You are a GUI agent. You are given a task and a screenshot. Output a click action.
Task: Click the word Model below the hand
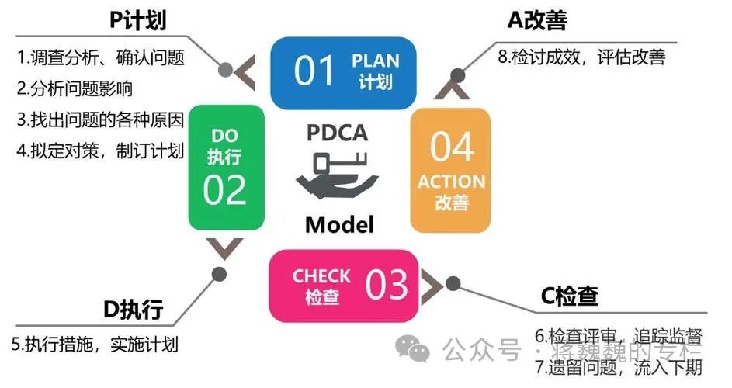(339, 224)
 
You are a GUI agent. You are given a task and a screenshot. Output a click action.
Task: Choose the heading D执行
(133, 310)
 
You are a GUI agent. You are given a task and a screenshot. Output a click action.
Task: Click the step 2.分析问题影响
(76, 88)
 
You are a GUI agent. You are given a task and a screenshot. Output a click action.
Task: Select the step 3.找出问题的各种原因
(99, 120)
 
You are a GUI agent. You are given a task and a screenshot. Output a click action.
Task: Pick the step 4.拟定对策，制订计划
(99, 150)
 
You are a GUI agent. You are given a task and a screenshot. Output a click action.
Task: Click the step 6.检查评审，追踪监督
(619, 337)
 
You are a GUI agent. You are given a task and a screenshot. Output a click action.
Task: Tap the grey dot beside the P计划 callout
(226, 71)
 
